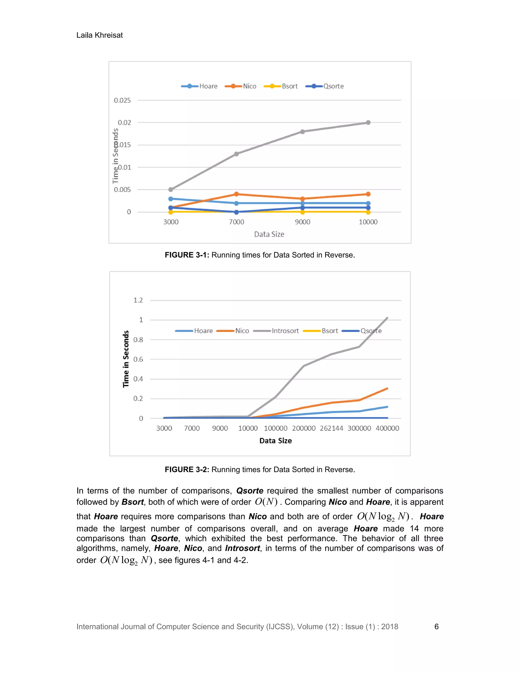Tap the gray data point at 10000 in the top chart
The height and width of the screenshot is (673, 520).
tap(368, 123)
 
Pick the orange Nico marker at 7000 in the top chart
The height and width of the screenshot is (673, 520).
tap(236, 194)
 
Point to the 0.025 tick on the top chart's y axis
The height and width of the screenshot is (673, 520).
tap(122, 101)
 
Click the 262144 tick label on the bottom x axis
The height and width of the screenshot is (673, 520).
tap(331, 428)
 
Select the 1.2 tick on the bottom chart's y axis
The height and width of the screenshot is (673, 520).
tap(138, 300)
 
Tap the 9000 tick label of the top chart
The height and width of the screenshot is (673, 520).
tap(302, 222)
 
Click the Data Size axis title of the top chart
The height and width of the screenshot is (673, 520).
tap(269, 234)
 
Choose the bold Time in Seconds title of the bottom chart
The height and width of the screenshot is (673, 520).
tap(126, 359)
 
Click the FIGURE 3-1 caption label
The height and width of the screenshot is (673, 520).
tap(187, 255)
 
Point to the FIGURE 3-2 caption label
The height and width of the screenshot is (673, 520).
tap(187, 470)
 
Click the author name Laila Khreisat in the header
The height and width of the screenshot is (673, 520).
tap(100, 35)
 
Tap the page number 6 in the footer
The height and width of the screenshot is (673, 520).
tap(436, 627)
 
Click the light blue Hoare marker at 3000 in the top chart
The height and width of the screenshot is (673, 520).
tap(171, 199)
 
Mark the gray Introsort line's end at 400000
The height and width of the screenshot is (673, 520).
tap(387, 318)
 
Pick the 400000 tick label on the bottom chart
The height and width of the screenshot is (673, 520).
tap(387, 428)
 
